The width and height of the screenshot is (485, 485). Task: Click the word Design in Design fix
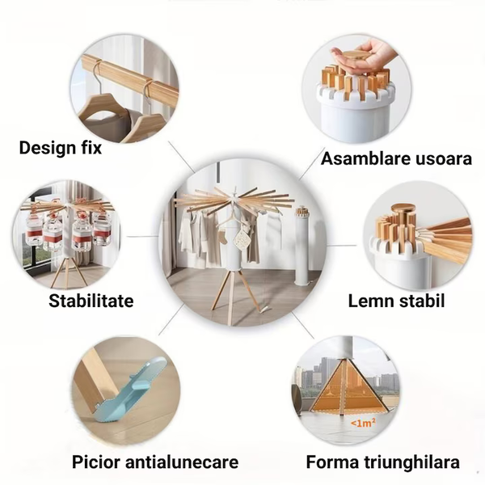tap(48, 148)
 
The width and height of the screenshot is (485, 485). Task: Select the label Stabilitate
tap(91, 301)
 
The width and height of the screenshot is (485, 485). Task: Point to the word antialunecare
tap(182, 462)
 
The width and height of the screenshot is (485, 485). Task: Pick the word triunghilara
tap(411, 462)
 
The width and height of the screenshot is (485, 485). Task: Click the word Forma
tap(332, 462)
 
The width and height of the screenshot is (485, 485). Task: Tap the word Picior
tap(96, 462)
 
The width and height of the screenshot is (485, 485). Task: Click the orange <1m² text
tap(363, 423)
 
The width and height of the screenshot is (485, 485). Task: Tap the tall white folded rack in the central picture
tap(302, 246)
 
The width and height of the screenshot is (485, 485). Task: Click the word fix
tap(91, 148)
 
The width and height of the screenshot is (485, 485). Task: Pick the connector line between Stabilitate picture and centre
tap(143, 237)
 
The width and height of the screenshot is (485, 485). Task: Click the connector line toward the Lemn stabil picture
tap(341, 246)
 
